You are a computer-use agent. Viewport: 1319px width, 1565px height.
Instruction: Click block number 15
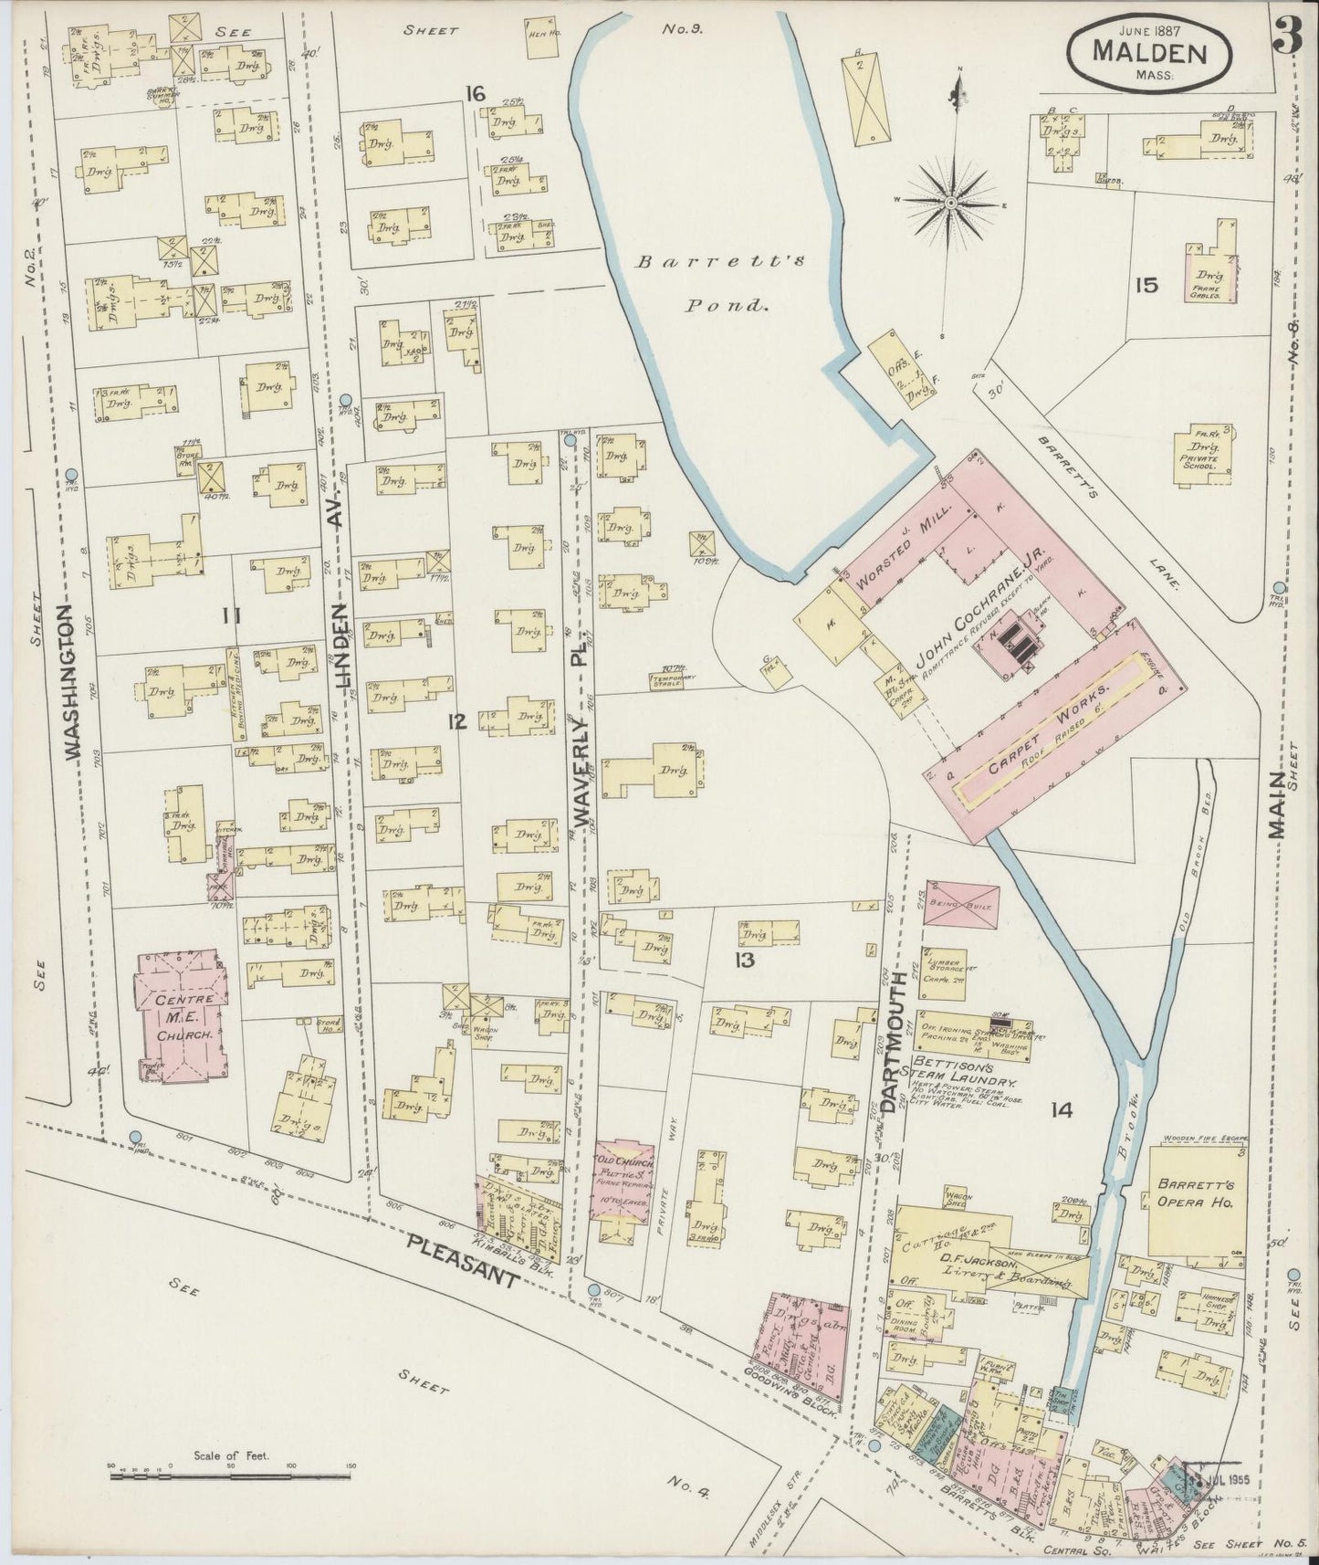point(1146,285)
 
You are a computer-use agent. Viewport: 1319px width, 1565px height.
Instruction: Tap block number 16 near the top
point(474,93)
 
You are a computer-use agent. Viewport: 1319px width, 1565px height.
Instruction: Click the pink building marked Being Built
point(960,903)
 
